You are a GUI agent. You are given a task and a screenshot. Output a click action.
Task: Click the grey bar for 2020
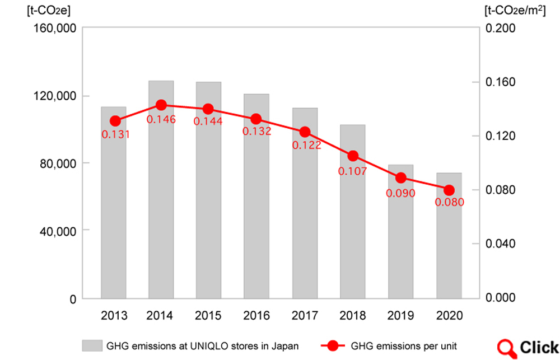[449, 235]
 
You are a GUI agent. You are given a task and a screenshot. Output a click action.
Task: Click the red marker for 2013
[115, 121]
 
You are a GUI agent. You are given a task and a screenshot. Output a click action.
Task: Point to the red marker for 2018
[353, 156]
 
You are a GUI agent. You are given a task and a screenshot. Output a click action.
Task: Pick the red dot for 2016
[256, 119]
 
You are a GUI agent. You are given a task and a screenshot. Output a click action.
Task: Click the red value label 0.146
[161, 119]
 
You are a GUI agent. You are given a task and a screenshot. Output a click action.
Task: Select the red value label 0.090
[400, 193]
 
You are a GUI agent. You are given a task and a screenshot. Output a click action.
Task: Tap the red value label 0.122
[307, 145]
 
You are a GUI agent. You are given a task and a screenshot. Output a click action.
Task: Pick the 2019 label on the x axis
[401, 315]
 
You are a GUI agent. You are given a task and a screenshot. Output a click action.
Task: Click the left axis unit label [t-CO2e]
[41, 10]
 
